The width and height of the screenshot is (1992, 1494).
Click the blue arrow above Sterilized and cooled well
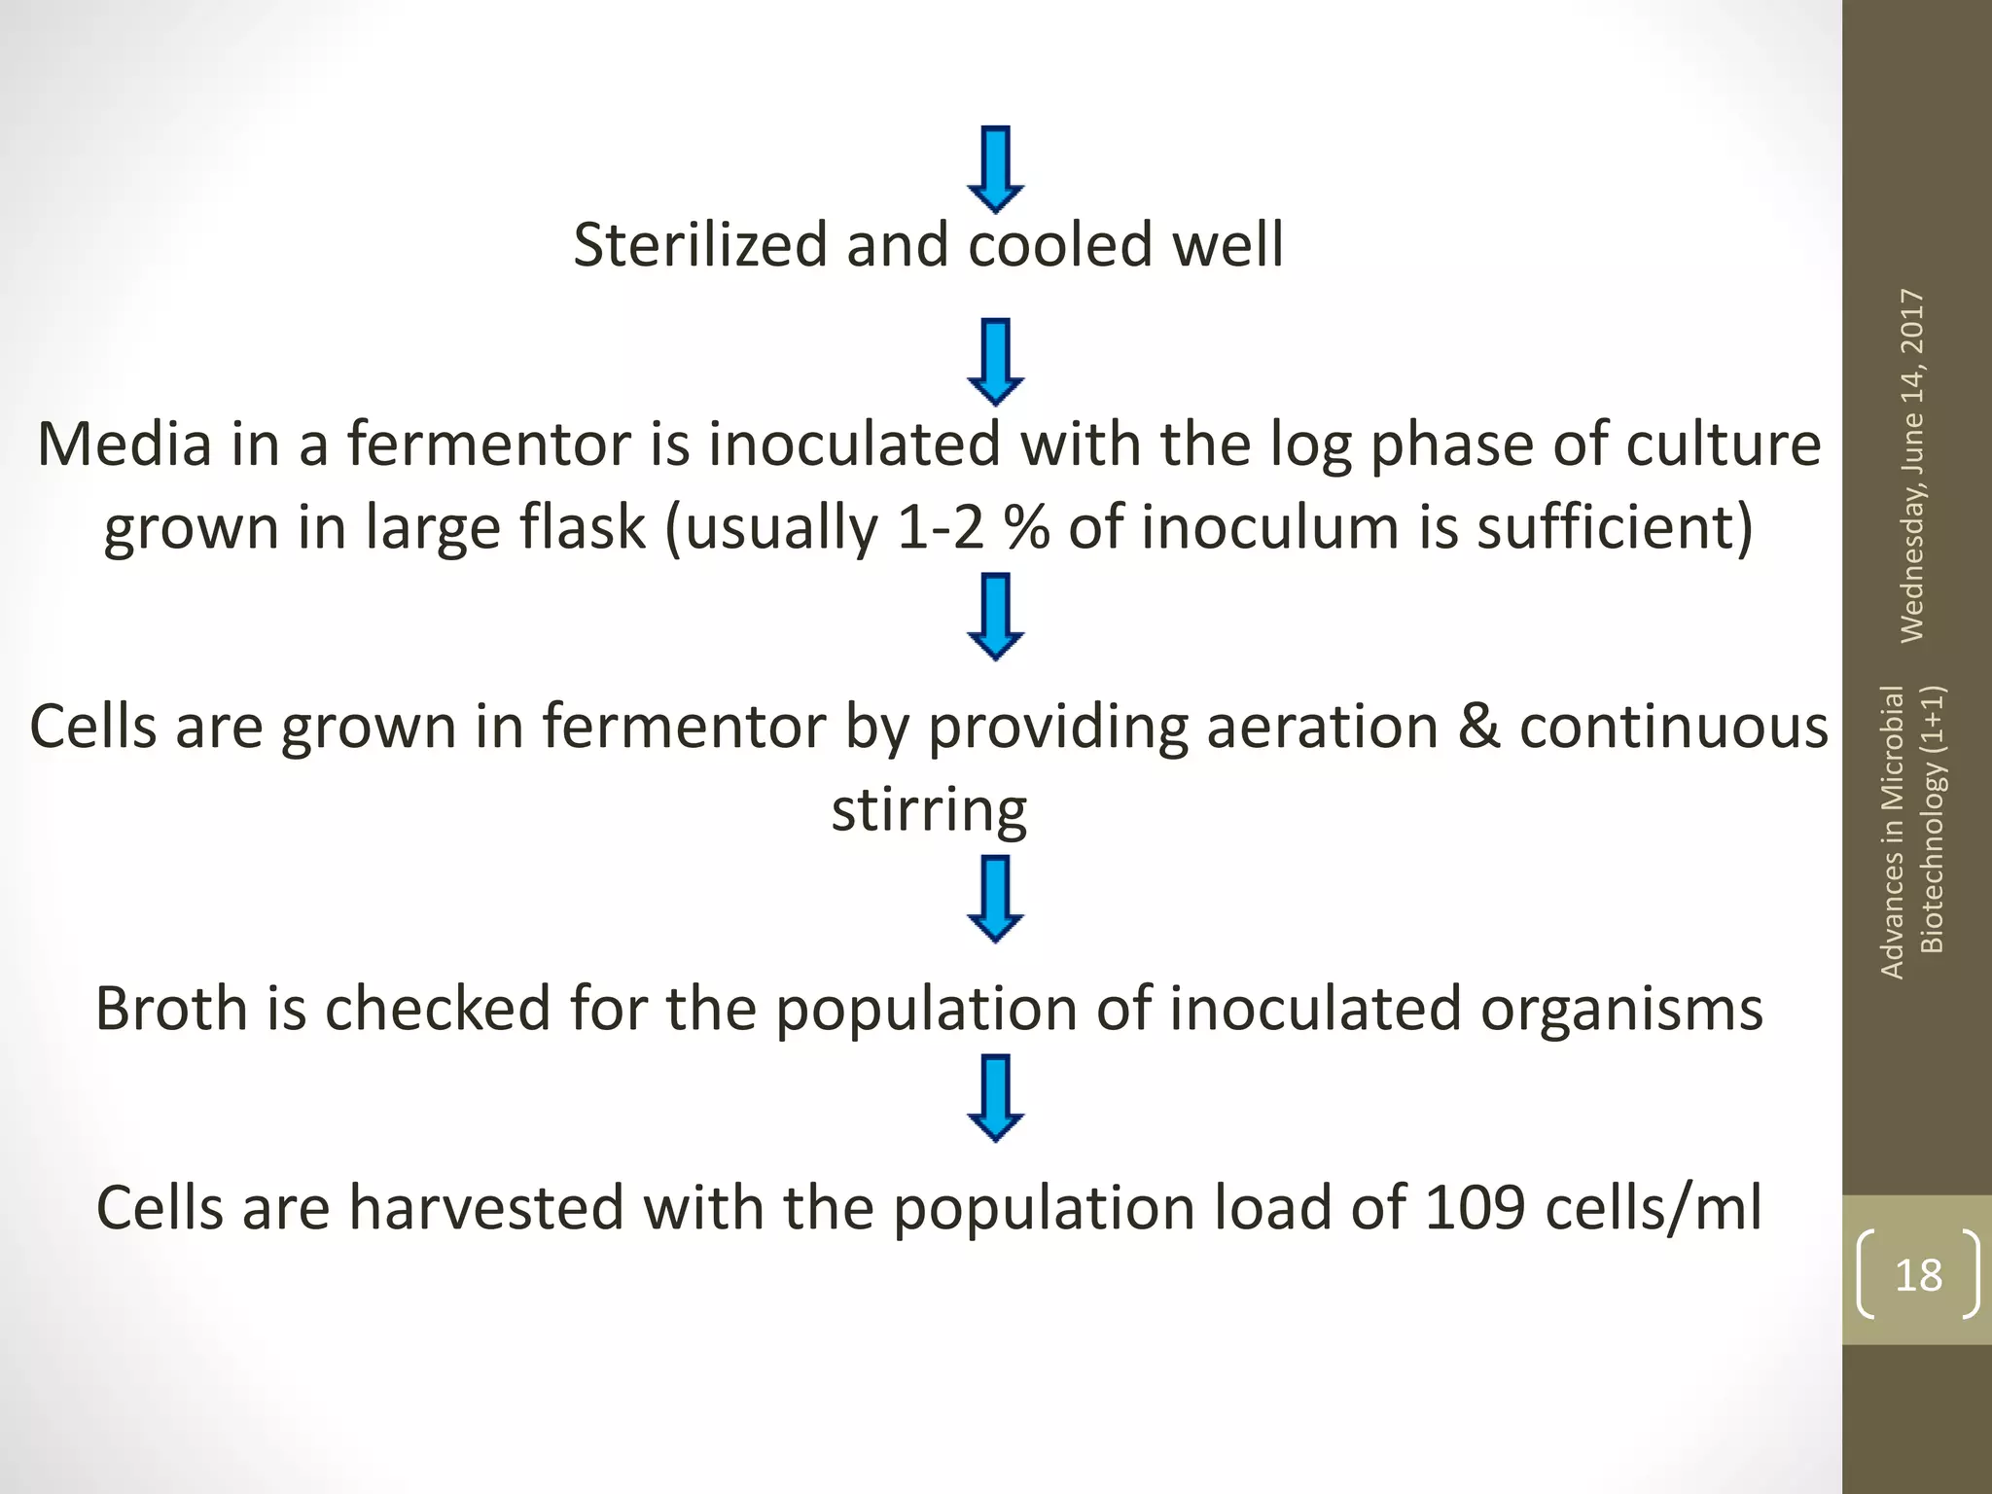point(995,169)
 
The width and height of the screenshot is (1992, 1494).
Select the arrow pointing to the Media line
point(995,362)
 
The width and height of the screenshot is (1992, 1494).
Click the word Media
point(124,444)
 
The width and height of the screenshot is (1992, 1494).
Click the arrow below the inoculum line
point(995,617)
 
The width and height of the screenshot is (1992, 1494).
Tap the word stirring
point(929,809)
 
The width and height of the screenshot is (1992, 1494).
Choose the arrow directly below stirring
point(995,899)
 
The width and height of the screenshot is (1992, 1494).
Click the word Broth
point(171,1008)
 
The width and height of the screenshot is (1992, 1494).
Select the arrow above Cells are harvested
point(995,1097)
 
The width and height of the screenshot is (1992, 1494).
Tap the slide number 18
point(1918,1274)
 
